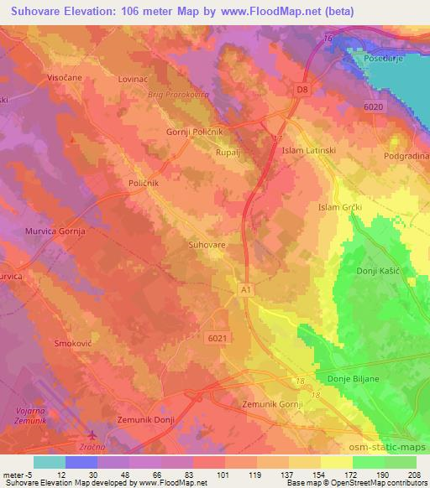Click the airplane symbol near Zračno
[91, 435]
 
